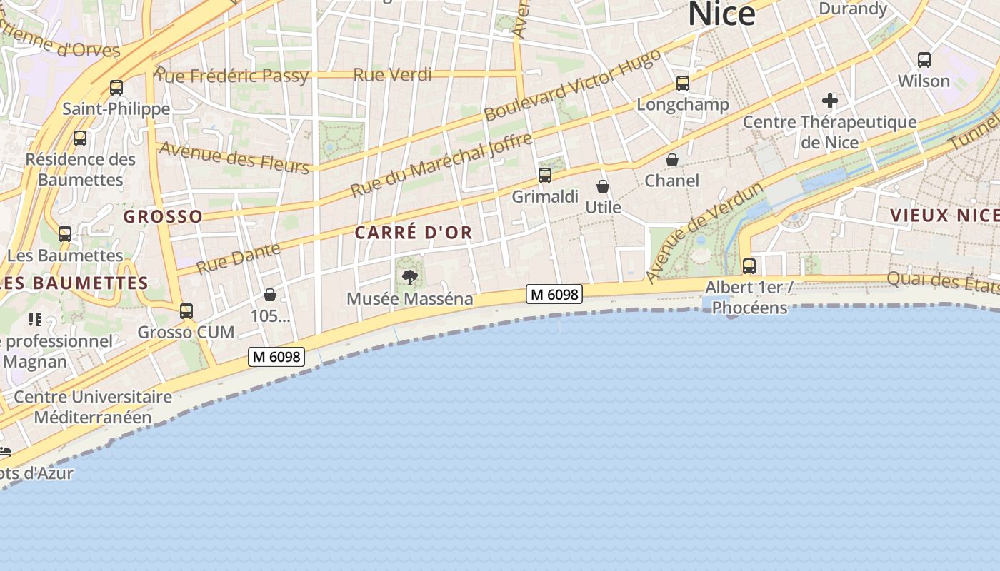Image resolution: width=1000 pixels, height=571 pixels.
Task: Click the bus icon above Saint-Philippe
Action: tap(116, 88)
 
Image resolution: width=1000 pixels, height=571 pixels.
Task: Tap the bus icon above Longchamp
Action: tap(683, 84)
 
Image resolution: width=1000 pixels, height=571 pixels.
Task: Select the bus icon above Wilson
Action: tap(924, 60)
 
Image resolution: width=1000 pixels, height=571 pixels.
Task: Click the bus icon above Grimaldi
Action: tap(545, 175)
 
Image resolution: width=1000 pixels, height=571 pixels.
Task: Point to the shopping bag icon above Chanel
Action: tap(672, 160)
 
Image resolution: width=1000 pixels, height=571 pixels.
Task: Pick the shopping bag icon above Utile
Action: tap(603, 186)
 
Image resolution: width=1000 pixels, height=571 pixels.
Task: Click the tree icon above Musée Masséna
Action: tap(410, 278)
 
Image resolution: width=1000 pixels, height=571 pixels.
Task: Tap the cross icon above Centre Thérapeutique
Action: tap(829, 100)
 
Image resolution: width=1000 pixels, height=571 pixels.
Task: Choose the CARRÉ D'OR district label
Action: tap(414, 233)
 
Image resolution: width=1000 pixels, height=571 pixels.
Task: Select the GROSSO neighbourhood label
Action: tap(163, 216)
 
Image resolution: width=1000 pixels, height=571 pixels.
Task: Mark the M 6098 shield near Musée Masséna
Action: tap(554, 293)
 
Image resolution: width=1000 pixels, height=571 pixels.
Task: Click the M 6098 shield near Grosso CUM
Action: tap(276, 356)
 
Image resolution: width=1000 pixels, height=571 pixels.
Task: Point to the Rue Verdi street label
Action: tap(392, 74)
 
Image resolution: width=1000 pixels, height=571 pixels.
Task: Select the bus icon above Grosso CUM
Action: tap(186, 311)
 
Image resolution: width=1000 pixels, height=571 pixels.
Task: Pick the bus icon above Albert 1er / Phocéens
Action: tap(749, 266)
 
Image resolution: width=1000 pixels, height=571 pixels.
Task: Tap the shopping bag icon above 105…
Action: tap(270, 295)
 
